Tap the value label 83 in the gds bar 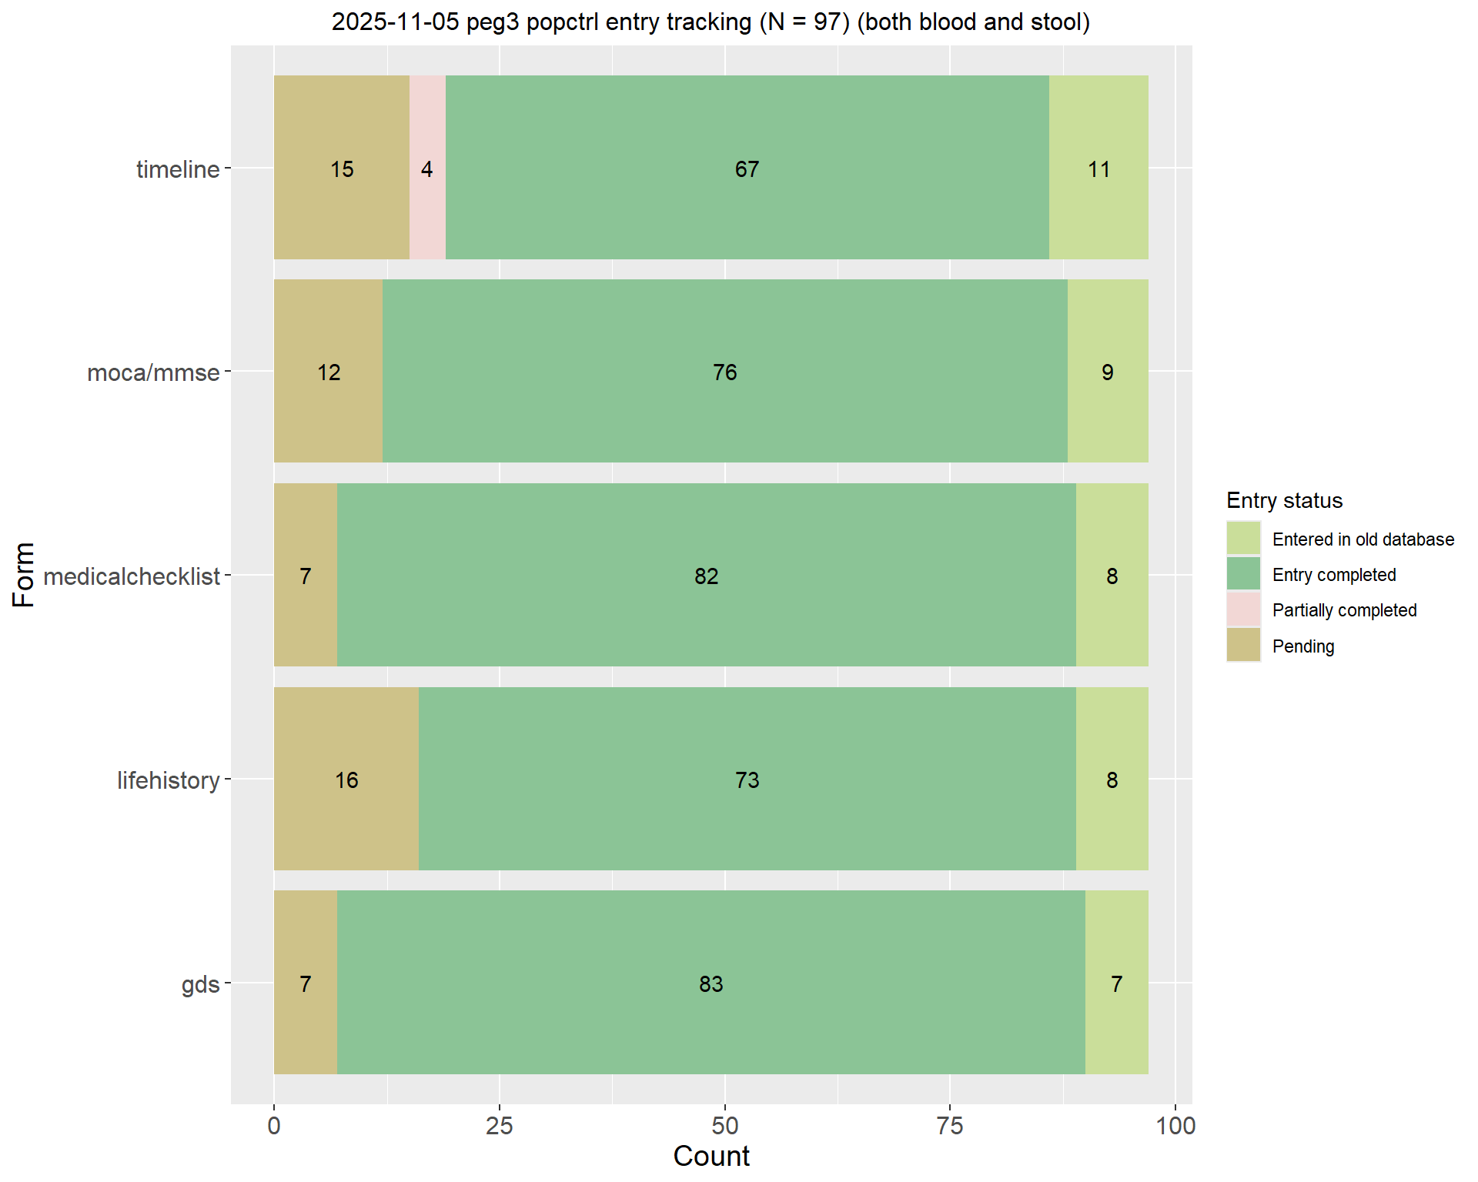pyautogui.click(x=711, y=983)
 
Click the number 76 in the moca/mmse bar pyautogui.click(x=724, y=372)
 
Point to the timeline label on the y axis pyautogui.click(x=178, y=169)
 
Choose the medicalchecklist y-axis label pyautogui.click(x=132, y=576)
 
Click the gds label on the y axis pyautogui.click(x=200, y=984)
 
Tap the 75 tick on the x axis pyautogui.click(x=950, y=1126)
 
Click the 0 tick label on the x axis pyautogui.click(x=274, y=1126)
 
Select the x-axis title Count pyautogui.click(x=711, y=1156)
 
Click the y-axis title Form pyautogui.click(x=24, y=574)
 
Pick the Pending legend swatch pyautogui.click(x=1243, y=645)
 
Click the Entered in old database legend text pyautogui.click(x=1363, y=539)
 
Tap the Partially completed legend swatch pyautogui.click(x=1243, y=609)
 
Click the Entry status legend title pyautogui.click(x=1284, y=501)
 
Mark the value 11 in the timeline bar pyautogui.click(x=1098, y=169)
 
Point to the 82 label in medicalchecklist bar pyautogui.click(x=706, y=576)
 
